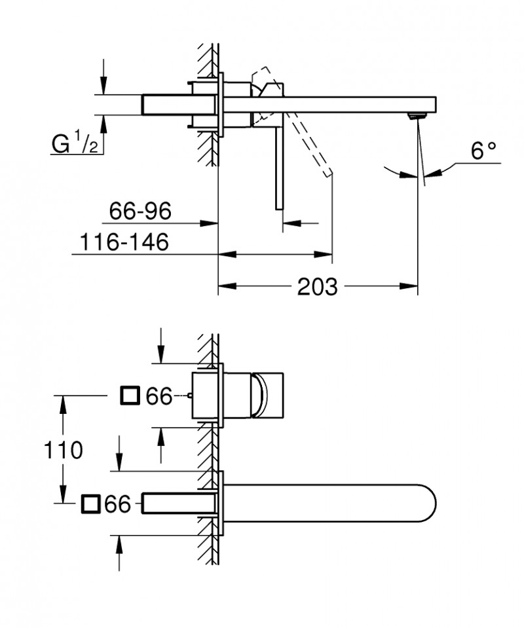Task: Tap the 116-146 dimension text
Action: tap(124, 242)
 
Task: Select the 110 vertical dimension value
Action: tap(63, 450)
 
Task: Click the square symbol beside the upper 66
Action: tap(131, 396)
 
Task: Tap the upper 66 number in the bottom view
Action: tap(159, 396)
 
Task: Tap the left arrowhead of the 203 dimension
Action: tap(223, 286)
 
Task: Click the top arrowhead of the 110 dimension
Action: tap(63, 401)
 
